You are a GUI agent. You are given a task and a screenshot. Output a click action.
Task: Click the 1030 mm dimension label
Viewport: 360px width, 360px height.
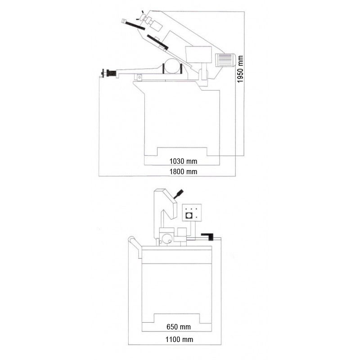coord(183,161)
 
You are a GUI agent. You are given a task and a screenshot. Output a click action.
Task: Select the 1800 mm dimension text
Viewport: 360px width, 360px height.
coord(183,171)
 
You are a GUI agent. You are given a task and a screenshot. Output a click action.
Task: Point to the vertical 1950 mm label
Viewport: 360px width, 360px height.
coord(240,69)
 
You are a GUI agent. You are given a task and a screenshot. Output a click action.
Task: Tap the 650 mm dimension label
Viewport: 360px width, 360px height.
coord(179,327)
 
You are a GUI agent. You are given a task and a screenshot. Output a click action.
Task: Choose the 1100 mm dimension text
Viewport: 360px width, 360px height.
coord(179,339)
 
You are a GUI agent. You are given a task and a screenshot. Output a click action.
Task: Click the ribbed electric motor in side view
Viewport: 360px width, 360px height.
coord(225,60)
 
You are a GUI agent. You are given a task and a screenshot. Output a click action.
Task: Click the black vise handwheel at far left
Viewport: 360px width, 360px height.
coord(109,73)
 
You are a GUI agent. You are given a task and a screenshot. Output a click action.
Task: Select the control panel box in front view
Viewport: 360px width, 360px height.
coord(192,212)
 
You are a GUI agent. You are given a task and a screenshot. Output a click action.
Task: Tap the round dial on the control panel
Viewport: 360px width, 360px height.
coord(189,216)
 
